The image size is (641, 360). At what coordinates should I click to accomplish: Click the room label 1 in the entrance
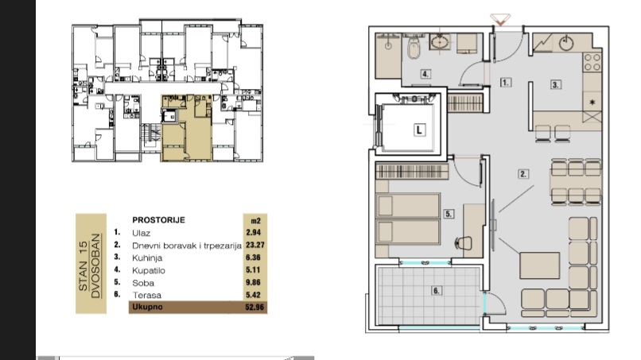click(x=505, y=82)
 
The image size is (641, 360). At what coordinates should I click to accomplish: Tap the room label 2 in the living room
click(x=523, y=174)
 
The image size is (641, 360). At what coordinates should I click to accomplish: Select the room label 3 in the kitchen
click(x=555, y=84)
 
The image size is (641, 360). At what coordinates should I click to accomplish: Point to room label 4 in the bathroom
click(x=425, y=74)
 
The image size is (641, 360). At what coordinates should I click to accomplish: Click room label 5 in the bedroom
click(x=449, y=214)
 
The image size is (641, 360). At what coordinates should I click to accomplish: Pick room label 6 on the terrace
click(x=436, y=291)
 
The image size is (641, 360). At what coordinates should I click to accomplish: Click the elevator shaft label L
click(x=419, y=130)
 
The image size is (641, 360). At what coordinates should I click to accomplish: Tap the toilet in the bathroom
click(x=414, y=48)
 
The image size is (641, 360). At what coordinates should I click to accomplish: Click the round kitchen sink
click(x=566, y=42)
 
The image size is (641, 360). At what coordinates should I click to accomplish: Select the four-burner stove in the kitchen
click(x=592, y=62)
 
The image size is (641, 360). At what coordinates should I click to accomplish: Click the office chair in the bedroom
click(x=463, y=243)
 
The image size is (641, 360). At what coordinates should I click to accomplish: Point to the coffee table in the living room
click(x=540, y=265)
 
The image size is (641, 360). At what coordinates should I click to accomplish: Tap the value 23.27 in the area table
click(x=255, y=246)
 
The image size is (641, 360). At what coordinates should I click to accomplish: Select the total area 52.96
click(x=254, y=307)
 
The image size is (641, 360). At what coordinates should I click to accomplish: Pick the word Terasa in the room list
click(x=147, y=295)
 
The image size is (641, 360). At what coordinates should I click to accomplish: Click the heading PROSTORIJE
click(x=158, y=220)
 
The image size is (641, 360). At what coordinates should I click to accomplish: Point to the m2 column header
click(x=255, y=221)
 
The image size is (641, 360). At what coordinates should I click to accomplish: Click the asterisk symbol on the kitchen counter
click(x=592, y=103)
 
